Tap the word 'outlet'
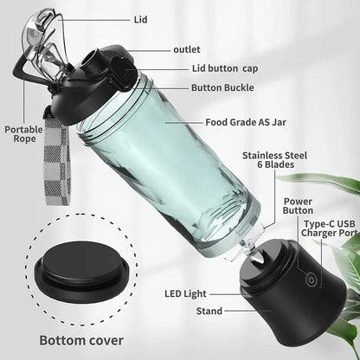click(x=187, y=49)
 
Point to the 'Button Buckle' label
click(x=222, y=87)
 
